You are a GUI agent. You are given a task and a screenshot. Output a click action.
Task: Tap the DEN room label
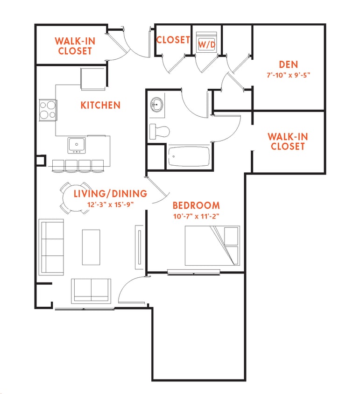[288, 64]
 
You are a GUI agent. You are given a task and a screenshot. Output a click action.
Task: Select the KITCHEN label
[100, 105]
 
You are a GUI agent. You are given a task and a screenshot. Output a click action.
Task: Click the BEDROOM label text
[196, 205]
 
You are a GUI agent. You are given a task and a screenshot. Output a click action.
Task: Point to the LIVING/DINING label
[110, 193]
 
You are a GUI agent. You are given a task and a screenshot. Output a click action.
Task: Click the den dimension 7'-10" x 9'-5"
[288, 74]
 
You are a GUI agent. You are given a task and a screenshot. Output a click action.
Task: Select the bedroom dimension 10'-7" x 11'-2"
[196, 216]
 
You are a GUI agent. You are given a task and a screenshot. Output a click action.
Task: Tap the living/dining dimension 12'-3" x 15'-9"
[110, 204]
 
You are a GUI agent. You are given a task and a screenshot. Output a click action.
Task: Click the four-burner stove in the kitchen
[47, 110]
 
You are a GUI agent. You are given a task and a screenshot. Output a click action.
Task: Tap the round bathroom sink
[156, 106]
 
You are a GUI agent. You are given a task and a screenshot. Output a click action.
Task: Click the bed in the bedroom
[212, 246]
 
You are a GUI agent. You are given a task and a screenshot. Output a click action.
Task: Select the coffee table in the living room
[92, 247]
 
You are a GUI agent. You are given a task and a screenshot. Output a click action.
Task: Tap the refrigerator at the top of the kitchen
[94, 78]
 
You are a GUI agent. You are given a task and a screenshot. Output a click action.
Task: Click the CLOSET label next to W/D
[173, 40]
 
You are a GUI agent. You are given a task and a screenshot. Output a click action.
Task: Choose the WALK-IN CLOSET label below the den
[288, 141]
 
